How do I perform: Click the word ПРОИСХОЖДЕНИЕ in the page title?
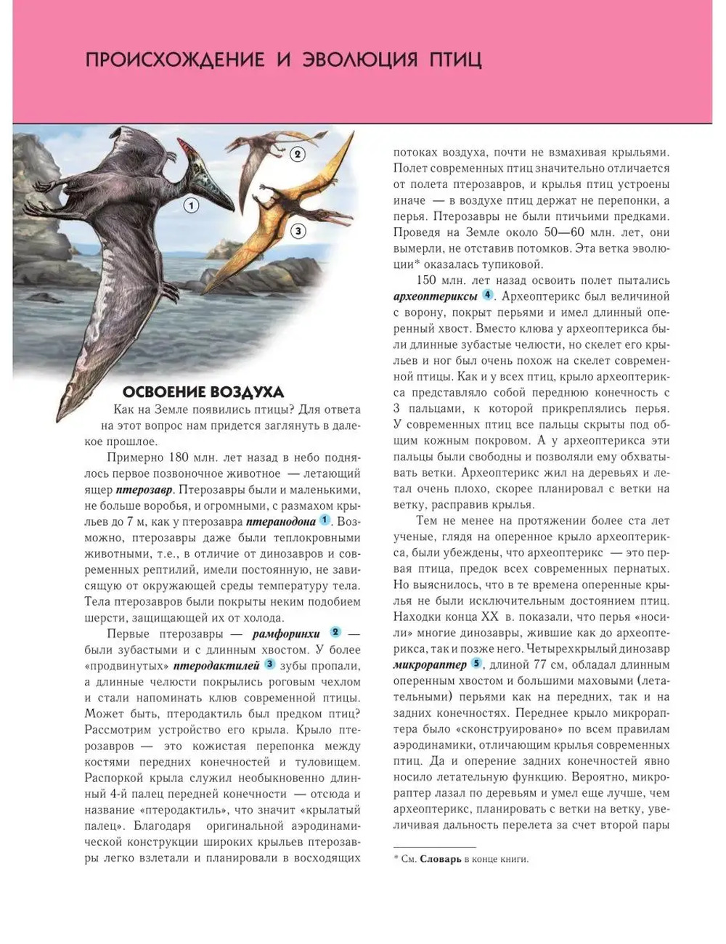tap(175, 59)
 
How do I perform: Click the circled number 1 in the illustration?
tap(191, 206)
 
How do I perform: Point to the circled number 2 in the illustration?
tap(296, 154)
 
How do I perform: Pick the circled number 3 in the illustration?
tap(298, 231)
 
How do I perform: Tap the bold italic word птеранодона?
tap(281, 521)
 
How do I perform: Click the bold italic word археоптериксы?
tap(436, 296)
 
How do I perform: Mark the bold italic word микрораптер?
tap(430, 664)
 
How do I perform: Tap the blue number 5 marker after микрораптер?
tap(476, 663)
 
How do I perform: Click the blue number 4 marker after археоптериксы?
tap(488, 295)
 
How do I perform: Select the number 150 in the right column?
tap(428, 280)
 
